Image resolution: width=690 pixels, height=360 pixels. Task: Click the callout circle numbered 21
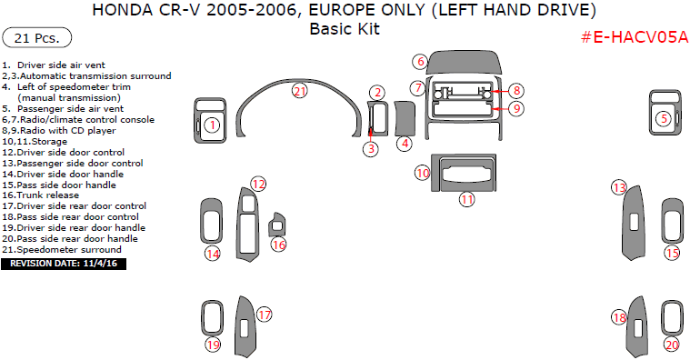coord(300,91)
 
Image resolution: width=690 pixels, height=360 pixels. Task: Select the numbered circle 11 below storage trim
coord(465,199)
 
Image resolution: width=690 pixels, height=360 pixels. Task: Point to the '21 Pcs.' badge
coord(37,38)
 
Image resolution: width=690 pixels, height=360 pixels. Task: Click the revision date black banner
coord(64,264)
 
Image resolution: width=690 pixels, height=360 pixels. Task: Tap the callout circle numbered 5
coord(664,118)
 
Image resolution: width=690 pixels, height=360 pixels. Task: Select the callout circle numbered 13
coord(618,188)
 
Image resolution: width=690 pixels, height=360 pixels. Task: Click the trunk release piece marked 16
coord(279,224)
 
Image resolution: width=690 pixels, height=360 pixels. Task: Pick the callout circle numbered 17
coord(265,315)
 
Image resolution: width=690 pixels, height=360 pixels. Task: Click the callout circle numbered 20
coord(671,345)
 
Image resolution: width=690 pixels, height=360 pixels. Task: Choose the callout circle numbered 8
coord(515,91)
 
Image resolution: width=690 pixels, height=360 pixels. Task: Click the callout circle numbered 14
coord(212,254)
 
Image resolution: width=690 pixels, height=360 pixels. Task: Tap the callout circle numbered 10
coord(423,173)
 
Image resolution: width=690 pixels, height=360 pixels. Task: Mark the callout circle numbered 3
coord(371,149)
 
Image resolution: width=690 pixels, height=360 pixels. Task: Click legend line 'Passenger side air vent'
coord(69,108)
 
